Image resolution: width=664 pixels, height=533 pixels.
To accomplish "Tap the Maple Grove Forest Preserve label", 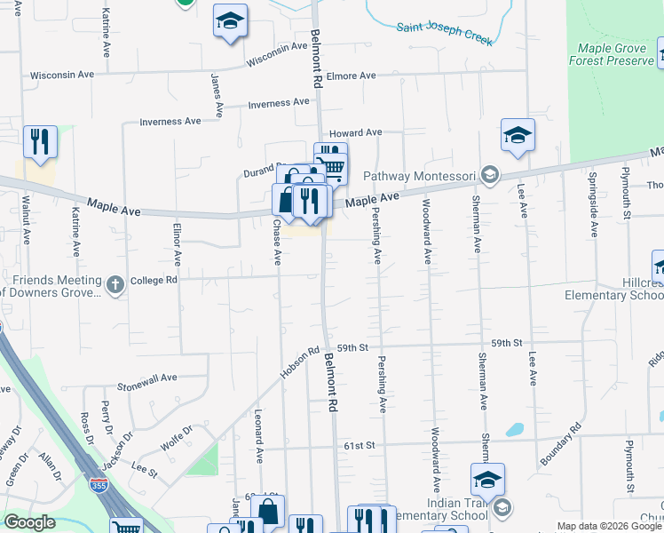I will tap(616, 54).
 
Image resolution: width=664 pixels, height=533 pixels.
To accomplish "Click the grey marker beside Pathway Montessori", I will tap(489, 174).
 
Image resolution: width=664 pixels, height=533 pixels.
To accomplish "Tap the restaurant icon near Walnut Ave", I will tap(40, 142).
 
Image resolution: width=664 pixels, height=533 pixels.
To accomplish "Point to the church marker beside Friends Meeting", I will tap(114, 285).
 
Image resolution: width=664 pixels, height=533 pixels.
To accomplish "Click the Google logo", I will tap(29, 522).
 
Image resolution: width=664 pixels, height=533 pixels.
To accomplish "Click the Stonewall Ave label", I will tap(147, 382).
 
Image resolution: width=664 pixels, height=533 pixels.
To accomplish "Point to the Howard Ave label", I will tap(355, 132).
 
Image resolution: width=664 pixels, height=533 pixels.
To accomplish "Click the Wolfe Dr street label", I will tap(177, 437).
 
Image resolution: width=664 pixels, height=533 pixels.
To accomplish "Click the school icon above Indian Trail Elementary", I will tap(487, 480).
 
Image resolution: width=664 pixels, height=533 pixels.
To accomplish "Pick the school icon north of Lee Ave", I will tap(518, 135).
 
